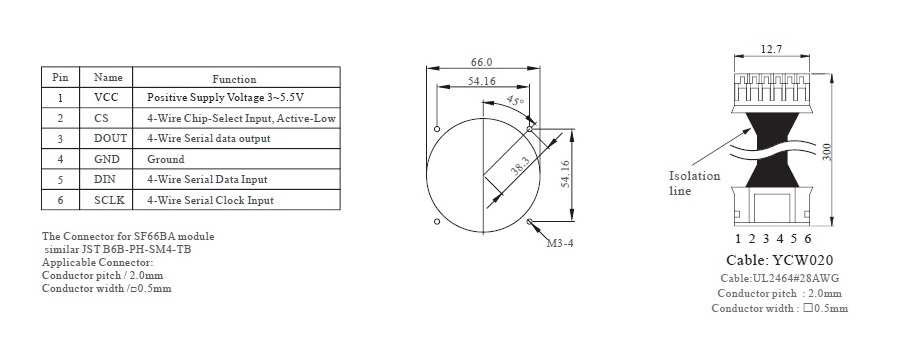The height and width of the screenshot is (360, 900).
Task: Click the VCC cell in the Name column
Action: [106, 98]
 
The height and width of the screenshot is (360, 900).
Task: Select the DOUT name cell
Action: [110, 138]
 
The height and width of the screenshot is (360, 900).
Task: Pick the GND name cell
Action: [107, 159]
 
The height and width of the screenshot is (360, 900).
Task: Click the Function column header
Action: [234, 79]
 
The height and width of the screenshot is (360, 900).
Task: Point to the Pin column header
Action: [60, 77]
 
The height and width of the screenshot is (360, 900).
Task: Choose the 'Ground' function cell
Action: [166, 159]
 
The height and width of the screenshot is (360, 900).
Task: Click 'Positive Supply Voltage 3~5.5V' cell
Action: [233, 98]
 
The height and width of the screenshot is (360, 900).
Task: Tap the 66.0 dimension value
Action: [482, 61]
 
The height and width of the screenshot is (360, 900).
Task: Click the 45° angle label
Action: [514, 102]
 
